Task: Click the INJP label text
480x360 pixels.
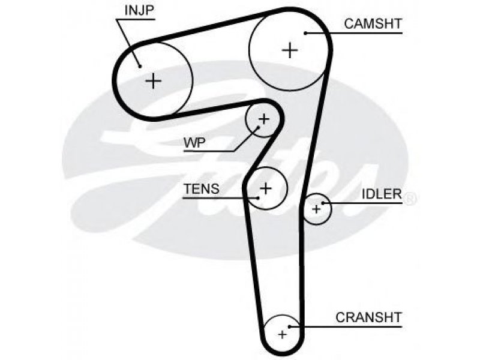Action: [x=139, y=10]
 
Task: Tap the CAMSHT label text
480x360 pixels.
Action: [x=373, y=23]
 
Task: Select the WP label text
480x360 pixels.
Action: [x=194, y=143]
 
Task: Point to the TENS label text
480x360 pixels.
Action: [x=202, y=188]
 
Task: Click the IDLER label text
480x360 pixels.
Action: [x=382, y=194]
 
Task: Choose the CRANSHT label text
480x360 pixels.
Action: [x=368, y=317]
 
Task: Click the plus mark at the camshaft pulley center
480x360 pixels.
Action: [x=289, y=50]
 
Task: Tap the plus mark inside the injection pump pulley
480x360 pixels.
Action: [x=154, y=81]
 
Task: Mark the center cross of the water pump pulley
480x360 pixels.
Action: [x=263, y=119]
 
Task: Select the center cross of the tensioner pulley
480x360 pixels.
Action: [x=266, y=188]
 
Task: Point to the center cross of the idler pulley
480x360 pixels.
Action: [x=316, y=209]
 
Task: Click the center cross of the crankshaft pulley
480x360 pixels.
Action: [x=282, y=334]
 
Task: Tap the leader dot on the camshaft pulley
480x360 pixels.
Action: [x=305, y=33]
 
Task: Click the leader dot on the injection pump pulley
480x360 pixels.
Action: [x=140, y=67]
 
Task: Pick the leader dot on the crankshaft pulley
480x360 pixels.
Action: [x=290, y=326]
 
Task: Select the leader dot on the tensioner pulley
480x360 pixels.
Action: [x=259, y=198]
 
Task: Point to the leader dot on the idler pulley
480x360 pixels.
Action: [x=323, y=203]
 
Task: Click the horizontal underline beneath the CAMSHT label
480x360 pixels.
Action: [x=353, y=33]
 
